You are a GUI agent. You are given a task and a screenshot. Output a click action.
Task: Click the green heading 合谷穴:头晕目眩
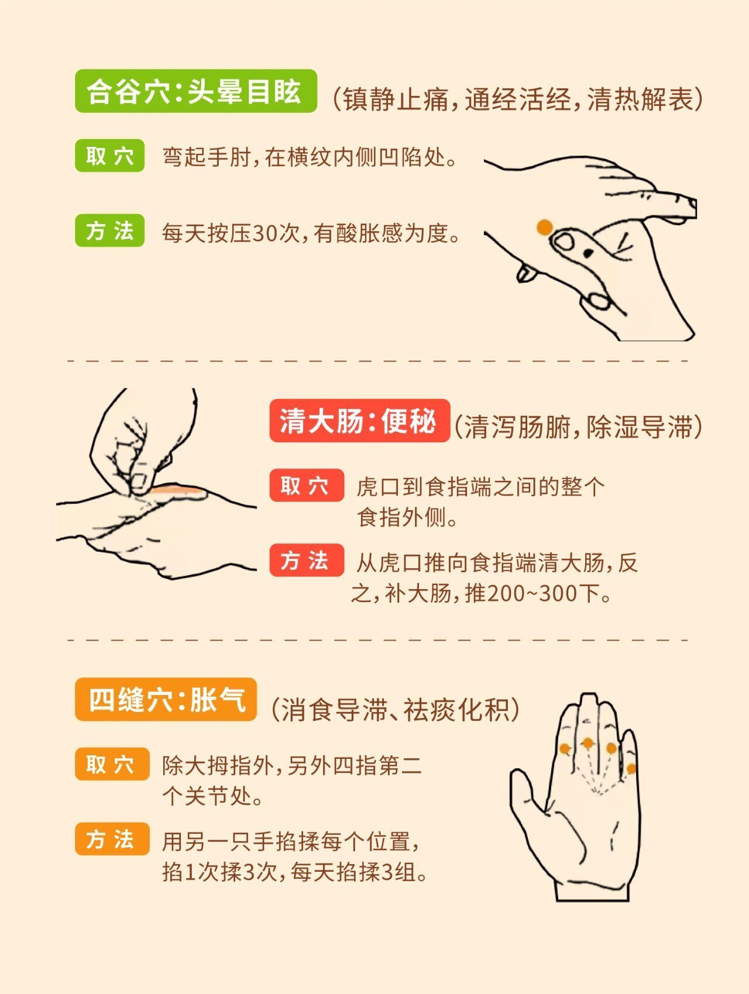tap(195, 91)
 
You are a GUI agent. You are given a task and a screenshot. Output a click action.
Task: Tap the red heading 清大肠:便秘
tap(359, 421)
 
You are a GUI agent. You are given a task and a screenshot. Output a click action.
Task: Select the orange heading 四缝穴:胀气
tap(166, 699)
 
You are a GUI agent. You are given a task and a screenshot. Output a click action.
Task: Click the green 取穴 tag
tap(109, 156)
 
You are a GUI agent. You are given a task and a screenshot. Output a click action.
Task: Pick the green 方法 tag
tap(109, 231)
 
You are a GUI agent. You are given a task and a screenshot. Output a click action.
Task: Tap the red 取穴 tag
tap(307, 486)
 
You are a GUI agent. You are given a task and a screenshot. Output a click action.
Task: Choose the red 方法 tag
tap(307, 560)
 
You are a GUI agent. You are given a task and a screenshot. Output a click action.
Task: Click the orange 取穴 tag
tap(112, 764)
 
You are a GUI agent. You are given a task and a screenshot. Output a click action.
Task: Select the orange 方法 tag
tap(112, 839)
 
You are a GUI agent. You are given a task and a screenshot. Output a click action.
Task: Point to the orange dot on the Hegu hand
tap(545, 227)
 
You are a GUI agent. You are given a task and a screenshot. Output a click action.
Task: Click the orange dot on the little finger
tap(631, 768)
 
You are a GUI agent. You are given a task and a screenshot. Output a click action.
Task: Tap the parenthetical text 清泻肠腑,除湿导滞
tap(578, 427)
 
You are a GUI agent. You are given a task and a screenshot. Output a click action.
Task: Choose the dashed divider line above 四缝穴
tap(378, 639)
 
